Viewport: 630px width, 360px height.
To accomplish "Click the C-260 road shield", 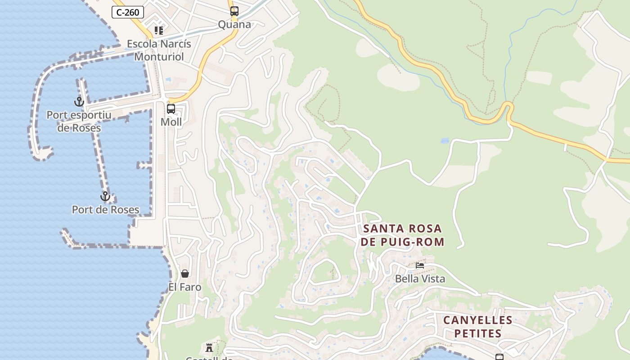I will coord(128,12).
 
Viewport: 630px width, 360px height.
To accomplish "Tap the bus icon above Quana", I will coord(234,11).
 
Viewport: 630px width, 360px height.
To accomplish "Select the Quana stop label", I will coord(234,24).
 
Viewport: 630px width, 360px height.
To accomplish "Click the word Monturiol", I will coord(159,57).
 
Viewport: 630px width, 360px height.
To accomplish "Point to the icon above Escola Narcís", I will coord(158,31).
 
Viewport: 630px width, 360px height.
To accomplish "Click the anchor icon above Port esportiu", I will coord(79,102).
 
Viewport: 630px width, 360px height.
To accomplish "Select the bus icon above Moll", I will coord(171,109).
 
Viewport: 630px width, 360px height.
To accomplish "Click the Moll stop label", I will coord(171,122).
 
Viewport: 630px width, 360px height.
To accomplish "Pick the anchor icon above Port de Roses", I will coord(105,196).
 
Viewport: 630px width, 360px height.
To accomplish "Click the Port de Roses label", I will coord(105,210).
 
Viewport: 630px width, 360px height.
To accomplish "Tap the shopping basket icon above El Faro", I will coord(184,274).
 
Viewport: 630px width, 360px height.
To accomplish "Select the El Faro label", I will coord(184,287).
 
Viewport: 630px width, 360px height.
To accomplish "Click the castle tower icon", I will coord(209,347).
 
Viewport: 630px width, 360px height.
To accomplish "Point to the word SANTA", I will coord(383,229).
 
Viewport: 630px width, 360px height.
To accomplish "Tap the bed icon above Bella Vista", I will coord(420,265).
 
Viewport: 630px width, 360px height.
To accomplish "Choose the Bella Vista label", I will coord(420,279).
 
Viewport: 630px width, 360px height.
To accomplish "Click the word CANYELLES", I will coord(477,320).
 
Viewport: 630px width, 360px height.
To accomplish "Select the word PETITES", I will coord(477,333).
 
